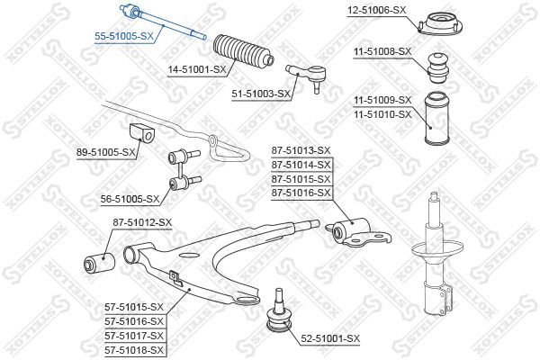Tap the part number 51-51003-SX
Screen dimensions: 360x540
[260, 93]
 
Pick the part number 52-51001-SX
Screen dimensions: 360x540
[329, 337]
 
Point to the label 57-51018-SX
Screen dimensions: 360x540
[133, 349]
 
